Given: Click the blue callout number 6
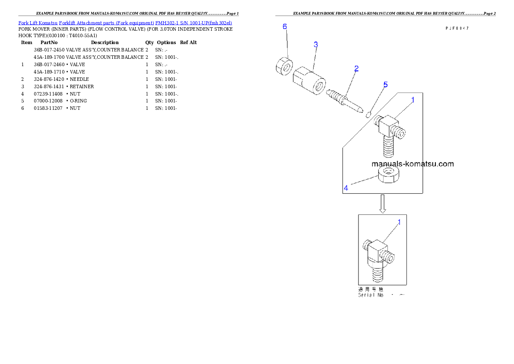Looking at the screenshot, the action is coord(285,27).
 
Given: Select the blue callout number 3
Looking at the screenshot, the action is coord(316,45).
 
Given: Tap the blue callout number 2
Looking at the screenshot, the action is coord(356,68).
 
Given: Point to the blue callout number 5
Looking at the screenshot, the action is coord(385,84).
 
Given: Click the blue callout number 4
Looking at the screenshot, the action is coord(346,188).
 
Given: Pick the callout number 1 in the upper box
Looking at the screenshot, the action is coord(412,100).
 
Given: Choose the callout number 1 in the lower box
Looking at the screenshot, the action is coord(399,222).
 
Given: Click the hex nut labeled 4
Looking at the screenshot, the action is coord(388,175).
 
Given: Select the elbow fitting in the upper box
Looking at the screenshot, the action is coord(390,130).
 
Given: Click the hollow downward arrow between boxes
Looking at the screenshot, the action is coord(382,204).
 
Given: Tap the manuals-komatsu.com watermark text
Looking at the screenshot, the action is coord(412,164).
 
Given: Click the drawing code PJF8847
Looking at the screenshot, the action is coord(457,28).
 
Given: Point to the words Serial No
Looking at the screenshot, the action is coord(371,295).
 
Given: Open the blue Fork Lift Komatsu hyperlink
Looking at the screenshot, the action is coord(125,22).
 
